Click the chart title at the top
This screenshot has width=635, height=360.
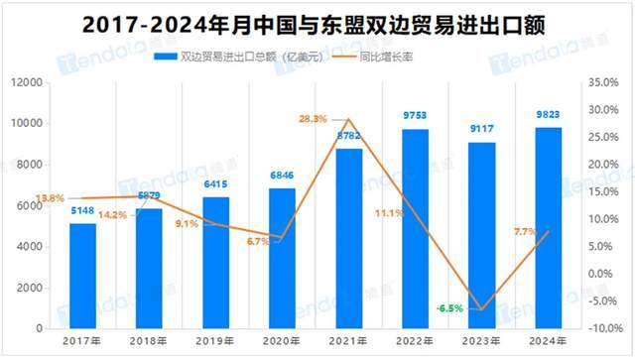pyautogui.click(x=317, y=21)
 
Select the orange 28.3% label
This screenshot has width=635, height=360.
pyautogui.click(x=314, y=119)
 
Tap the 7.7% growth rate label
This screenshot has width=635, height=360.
pyautogui.click(x=524, y=231)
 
